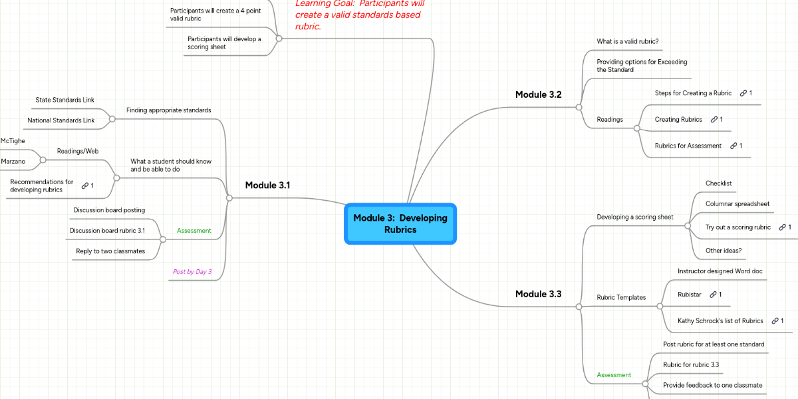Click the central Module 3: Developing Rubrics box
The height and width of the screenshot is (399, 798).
click(x=400, y=223)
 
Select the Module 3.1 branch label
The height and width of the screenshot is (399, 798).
click(x=267, y=185)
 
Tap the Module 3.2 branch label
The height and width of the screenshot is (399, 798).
click(x=538, y=94)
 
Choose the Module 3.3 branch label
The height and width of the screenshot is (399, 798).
click(x=538, y=293)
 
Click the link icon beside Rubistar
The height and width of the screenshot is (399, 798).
click(x=713, y=294)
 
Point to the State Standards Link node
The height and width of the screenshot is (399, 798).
click(x=65, y=100)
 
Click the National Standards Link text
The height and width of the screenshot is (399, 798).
click(x=61, y=120)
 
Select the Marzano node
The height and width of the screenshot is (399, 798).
click(x=13, y=162)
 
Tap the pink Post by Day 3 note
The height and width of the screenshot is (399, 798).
click(x=192, y=271)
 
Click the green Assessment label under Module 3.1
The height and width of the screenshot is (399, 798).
click(x=194, y=231)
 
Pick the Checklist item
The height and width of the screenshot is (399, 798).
click(x=718, y=183)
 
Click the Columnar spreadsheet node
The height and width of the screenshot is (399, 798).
click(x=737, y=203)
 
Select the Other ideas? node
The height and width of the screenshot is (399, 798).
click(x=724, y=250)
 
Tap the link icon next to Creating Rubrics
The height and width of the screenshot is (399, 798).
click(x=714, y=120)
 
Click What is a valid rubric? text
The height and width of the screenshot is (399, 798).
click(x=627, y=41)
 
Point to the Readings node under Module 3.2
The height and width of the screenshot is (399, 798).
click(x=609, y=120)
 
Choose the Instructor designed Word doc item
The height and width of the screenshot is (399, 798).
click(x=720, y=271)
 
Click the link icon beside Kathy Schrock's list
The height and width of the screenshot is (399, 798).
click(x=775, y=321)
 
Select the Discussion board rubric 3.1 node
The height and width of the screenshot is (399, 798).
click(x=107, y=231)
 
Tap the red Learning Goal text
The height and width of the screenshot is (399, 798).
click(x=359, y=15)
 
